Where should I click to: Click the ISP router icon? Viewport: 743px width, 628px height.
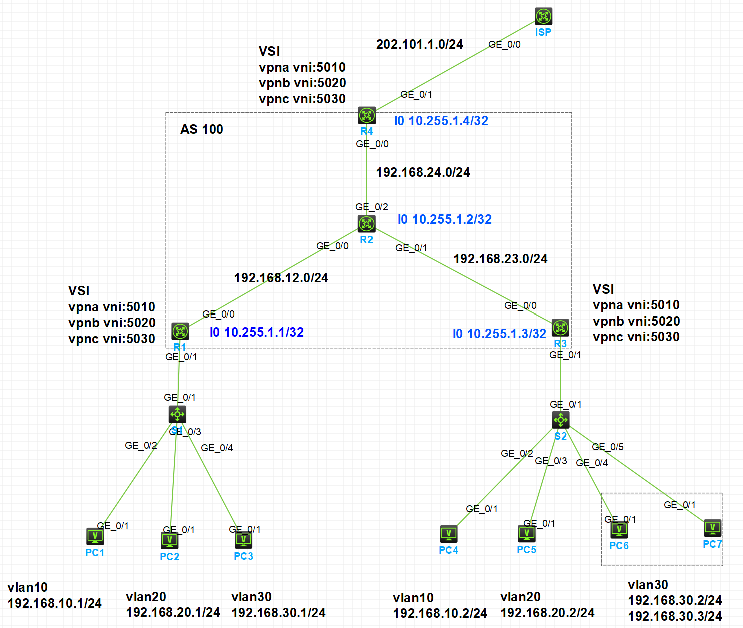point(543,16)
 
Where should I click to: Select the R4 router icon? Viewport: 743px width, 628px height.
point(366,115)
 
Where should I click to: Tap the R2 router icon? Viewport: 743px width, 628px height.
point(366,223)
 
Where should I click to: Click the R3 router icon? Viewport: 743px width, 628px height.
point(560,328)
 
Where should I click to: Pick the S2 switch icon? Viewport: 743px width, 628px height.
point(560,420)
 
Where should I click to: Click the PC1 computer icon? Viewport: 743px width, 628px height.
point(95,536)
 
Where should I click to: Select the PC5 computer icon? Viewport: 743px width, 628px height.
point(526,534)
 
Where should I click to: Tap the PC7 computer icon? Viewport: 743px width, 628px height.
point(712,528)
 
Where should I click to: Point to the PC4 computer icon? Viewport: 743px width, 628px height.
point(448,534)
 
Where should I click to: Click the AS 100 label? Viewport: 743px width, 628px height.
point(201,129)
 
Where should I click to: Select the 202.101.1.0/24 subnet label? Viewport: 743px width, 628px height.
point(419,44)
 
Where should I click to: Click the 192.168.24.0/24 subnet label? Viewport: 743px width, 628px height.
point(423,172)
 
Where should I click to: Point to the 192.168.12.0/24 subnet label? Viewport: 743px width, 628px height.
point(281,278)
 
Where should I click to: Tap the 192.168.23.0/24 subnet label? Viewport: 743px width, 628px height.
point(500,259)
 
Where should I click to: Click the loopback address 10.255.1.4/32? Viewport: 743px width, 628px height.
point(441,121)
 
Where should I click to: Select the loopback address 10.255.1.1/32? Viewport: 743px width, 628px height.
point(256,332)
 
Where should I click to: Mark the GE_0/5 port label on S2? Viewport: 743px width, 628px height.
point(607,447)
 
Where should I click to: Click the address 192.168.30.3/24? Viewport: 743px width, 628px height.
point(675,616)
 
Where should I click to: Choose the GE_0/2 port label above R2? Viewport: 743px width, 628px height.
point(372,207)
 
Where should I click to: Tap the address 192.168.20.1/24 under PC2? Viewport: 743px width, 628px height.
point(173,612)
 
